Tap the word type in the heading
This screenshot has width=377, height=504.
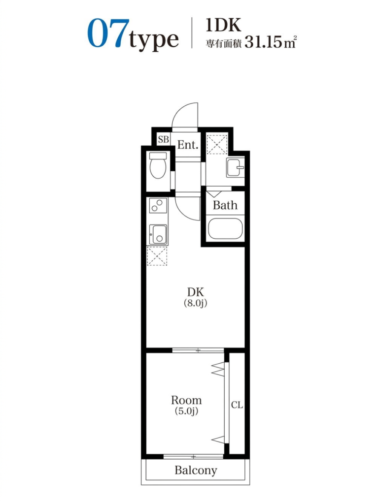154,39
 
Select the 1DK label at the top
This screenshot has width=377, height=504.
223,25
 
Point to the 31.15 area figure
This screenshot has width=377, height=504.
263,42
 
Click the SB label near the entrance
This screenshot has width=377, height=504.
163,139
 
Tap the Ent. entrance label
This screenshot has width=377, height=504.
188,145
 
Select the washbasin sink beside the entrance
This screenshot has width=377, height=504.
236,167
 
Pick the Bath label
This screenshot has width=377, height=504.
225,205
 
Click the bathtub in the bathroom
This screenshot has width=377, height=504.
225,229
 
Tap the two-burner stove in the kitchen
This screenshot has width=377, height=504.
158,205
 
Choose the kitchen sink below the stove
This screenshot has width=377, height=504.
158,234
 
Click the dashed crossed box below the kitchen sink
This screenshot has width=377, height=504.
157,256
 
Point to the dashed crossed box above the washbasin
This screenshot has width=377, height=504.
217,144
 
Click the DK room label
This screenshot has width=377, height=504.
196,292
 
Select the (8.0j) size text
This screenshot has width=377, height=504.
196,303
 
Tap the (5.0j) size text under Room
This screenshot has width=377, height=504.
186,411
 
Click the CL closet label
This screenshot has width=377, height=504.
237,405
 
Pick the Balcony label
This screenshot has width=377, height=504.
196,470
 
